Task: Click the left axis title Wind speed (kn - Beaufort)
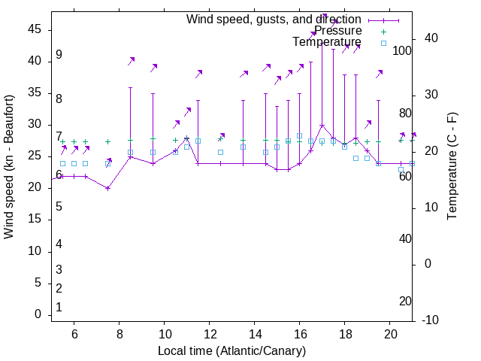pos(9,167)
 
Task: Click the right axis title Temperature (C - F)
pos(452,167)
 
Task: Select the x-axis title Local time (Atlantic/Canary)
pos(232,351)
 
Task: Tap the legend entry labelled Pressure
pos(338,31)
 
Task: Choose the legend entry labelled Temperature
pos(327,42)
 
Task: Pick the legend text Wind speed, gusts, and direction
pos(274,19)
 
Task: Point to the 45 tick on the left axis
pos(35,29)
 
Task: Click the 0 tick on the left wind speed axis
pos(39,315)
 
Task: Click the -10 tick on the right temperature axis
pos(431,320)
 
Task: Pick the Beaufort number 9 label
pos(59,56)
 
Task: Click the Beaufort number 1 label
pos(59,308)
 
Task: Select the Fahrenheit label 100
pos(403,51)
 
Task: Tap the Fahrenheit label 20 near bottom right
pos(405,302)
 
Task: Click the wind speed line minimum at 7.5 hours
pos(108,188)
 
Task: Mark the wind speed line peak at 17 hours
pos(322,126)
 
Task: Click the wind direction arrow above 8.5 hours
pos(131,61)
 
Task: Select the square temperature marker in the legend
pos(383,43)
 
